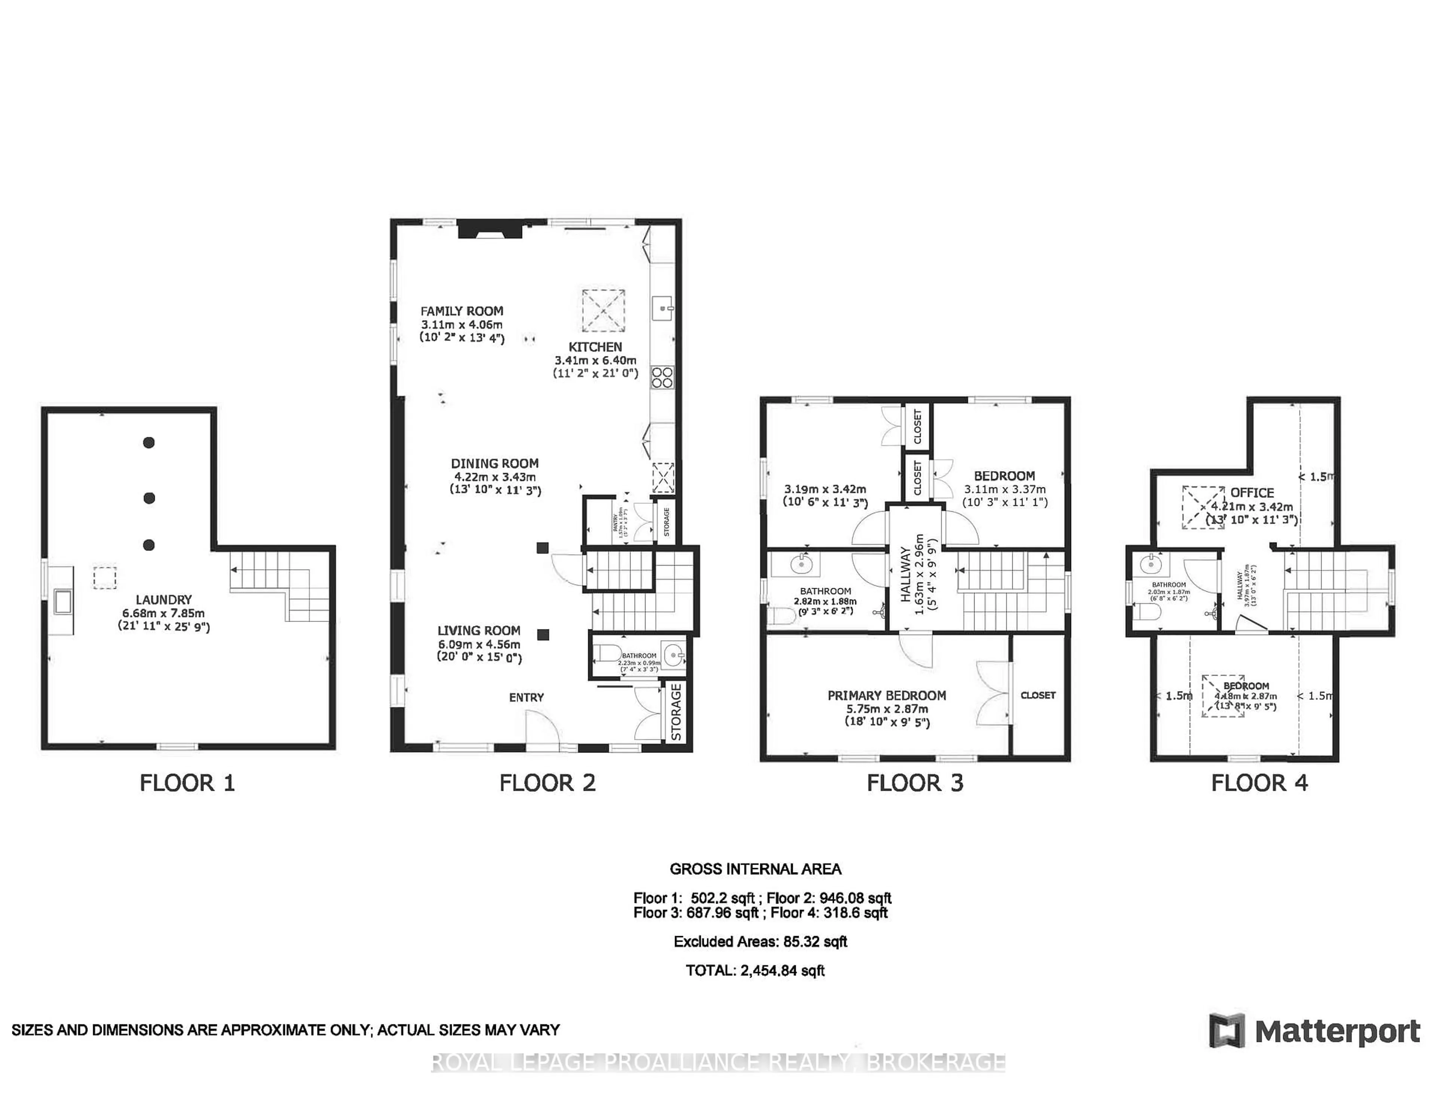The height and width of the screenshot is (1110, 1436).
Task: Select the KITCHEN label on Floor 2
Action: [595, 347]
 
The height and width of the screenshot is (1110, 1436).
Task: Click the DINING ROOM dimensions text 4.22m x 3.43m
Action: [494, 477]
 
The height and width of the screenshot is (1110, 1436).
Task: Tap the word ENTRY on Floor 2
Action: [526, 697]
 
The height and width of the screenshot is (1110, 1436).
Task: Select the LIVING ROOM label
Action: [479, 630]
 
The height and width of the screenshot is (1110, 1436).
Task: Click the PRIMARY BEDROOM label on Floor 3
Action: [886, 695]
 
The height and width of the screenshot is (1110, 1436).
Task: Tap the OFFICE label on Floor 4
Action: [1252, 493]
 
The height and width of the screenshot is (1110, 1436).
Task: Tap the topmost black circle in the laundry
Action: [148, 442]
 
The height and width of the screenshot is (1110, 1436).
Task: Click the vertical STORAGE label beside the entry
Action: [676, 712]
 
